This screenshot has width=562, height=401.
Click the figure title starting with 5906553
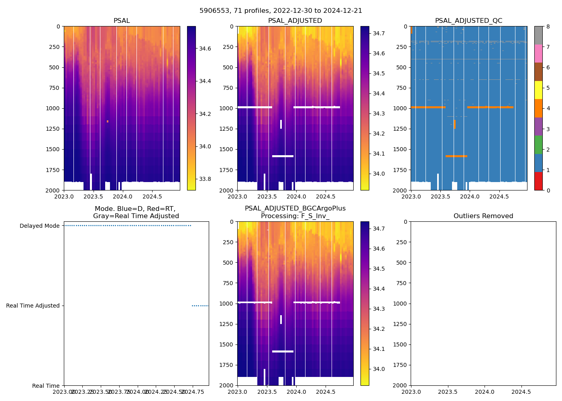pos(281,11)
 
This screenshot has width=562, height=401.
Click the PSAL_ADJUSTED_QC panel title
pos(468,21)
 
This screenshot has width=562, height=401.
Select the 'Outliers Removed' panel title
pos(483,216)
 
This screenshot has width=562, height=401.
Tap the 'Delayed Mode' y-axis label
pos(39,226)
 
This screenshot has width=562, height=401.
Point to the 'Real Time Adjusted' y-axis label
pos(33,306)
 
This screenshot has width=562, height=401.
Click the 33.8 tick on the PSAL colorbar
pos(205,179)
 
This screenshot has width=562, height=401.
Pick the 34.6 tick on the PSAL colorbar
pos(205,49)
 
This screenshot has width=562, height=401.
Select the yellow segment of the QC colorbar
pos(538,90)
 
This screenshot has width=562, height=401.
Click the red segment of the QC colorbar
pos(538,181)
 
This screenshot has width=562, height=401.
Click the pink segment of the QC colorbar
pos(538,53)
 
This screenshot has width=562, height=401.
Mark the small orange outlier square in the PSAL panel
pos(108,121)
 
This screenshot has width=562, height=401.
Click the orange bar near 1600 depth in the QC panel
pos(456,156)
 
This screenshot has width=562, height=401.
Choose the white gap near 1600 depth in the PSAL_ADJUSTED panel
pos(283,156)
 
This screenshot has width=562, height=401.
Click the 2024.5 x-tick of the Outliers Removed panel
pos(521,392)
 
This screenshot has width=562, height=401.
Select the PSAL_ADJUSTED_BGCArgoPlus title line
pos(295,209)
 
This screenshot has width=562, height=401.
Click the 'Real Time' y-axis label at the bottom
pos(46,386)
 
